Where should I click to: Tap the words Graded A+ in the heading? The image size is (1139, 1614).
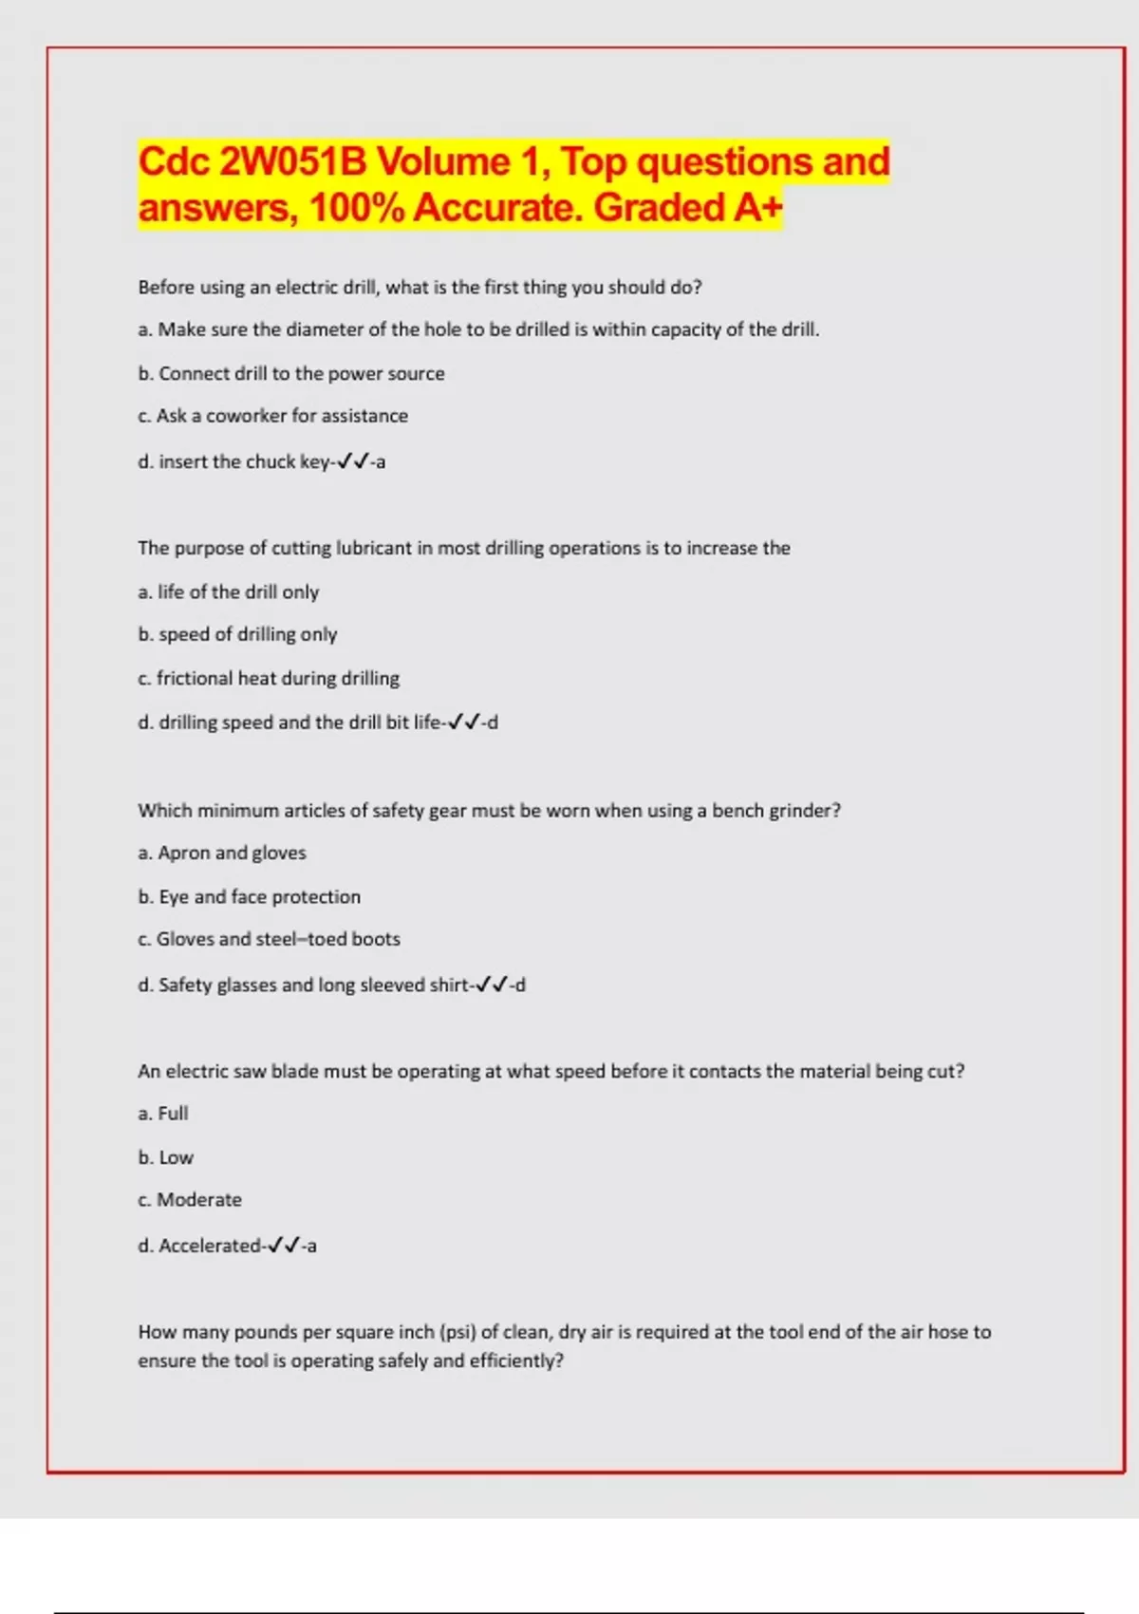[x=687, y=207]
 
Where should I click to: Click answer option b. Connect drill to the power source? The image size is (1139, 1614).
[x=291, y=373]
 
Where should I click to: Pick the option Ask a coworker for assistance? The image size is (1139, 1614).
[x=273, y=416]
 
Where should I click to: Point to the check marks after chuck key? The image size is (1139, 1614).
[x=352, y=461]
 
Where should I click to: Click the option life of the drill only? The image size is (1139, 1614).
[x=229, y=591]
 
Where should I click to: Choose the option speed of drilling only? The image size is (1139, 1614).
[x=238, y=634]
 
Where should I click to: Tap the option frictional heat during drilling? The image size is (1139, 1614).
[x=269, y=678]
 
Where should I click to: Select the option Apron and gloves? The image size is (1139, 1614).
[x=222, y=853]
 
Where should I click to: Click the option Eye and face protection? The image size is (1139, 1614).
[x=250, y=896]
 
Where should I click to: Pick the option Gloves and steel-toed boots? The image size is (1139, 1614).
[x=270, y=939]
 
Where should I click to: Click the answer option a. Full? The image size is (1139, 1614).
[x=163, y=1113]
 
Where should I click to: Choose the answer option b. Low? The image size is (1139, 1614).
[x=166, y=1157]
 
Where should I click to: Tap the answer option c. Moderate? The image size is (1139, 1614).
[x=190, y=1199]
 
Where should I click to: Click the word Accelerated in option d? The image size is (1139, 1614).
[x=210, y=1246]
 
